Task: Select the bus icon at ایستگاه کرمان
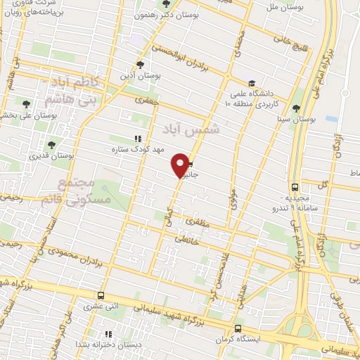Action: tap(238, 329)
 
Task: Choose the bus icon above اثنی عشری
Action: tap(102, 296)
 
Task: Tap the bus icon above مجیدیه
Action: tap(295, 187)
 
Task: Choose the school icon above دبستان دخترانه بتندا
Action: tap(108, 334)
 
